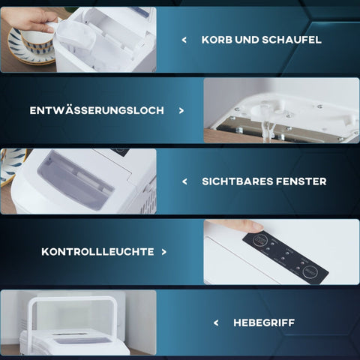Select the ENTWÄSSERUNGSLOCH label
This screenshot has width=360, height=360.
tap(97, 110)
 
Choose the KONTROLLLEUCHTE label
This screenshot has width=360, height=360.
tap(97, 252)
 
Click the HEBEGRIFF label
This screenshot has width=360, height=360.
tap(264, 322)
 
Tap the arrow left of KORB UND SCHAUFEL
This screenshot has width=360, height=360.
tap(184, 40)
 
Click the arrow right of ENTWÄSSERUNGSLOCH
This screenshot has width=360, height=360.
tap(181, 110)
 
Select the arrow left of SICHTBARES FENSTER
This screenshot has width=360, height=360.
tap(184, 181)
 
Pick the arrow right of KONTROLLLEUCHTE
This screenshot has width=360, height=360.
tap(164, 252)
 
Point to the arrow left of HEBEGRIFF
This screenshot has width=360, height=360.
tap(216, 322)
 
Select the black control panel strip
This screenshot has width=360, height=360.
tap(286, 257)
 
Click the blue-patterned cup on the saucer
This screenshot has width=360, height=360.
tap(37, 40)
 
